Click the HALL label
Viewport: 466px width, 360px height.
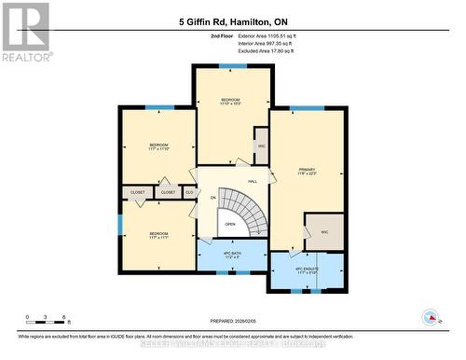coord(253,182)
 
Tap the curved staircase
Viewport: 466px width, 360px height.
coord(244,205)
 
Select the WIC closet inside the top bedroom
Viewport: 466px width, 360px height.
coord(261,146)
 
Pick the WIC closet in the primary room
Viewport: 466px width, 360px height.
coord(324,231)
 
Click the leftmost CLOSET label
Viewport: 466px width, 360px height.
coord(138,192)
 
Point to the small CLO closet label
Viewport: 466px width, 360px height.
coord(189,192)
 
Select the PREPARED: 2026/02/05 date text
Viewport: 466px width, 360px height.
coord(231,321)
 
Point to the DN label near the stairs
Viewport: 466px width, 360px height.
coord(213,199)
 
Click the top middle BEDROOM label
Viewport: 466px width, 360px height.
coord(231,100)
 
